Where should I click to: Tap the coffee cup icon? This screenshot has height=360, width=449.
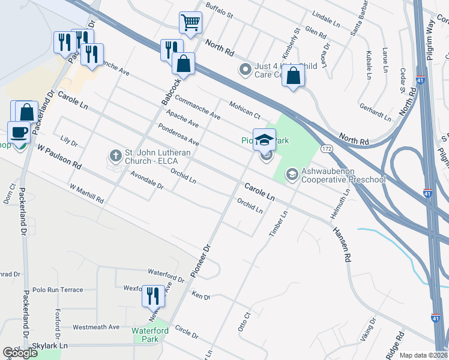pos(19,132)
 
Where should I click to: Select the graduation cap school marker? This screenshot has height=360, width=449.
pos(264,140)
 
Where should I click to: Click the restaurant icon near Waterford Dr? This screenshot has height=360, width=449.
pos(153,296)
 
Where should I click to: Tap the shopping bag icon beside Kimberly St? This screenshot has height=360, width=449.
pos(293,76)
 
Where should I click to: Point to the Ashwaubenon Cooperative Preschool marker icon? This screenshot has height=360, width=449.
pos(292,174)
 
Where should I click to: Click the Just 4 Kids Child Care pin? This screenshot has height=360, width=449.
pos(245,70)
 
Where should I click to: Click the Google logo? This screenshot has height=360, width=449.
pos(20,353)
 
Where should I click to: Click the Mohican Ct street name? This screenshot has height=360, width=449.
pos(244,109)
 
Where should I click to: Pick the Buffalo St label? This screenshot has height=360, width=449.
pos(218,10)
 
